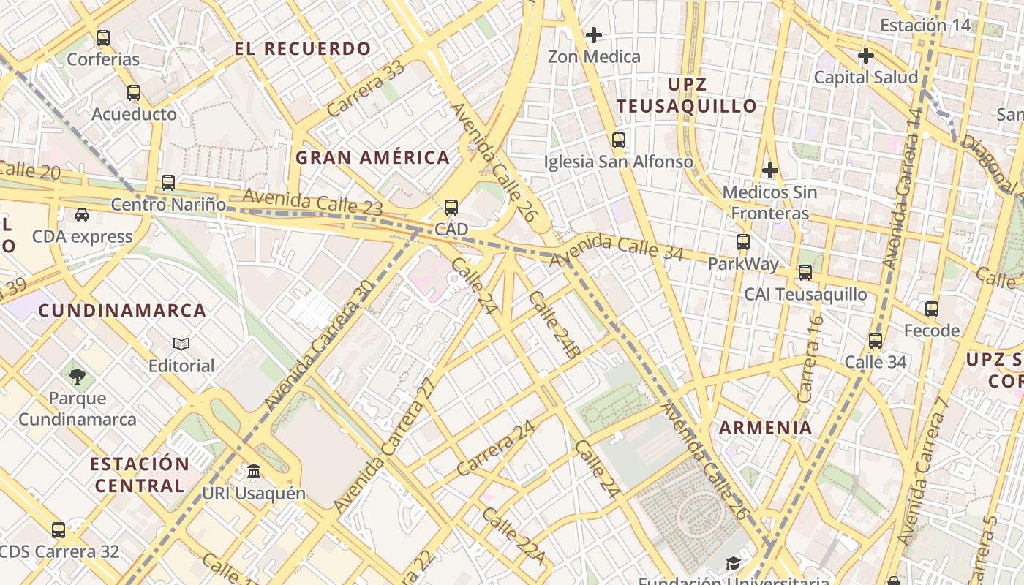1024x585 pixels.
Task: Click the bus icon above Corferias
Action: (103, 37)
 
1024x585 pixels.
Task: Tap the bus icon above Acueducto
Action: (133, 93)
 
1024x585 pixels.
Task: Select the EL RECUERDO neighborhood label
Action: (303, 49)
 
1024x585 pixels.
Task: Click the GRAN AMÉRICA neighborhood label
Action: (372, 157)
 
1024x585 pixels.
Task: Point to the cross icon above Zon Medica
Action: (594, 34)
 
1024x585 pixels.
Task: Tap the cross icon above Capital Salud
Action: (866, 56)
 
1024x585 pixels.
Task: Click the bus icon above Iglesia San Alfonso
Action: (619, 140)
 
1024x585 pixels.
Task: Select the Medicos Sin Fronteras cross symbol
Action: (769, 170)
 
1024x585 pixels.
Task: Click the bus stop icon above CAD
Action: (451, 208)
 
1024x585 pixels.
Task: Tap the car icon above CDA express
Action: (82, 215)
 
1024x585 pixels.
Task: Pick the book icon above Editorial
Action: (181, 344)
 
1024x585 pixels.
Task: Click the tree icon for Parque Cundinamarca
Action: (78, 377)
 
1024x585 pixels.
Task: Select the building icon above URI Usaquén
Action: (254, 471)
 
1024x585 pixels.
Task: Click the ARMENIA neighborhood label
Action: (765, 428)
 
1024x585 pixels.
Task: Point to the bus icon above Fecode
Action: (931, 309)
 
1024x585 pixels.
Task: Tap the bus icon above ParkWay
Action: (743, 241)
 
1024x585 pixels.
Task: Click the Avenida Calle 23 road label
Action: (312, 202)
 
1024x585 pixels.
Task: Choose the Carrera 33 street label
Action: (365, 88)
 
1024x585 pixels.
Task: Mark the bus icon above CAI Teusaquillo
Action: (805, 273)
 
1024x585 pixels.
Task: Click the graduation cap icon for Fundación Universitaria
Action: (733, 563)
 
